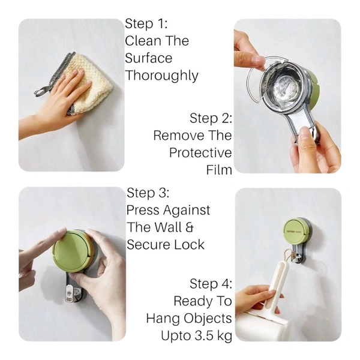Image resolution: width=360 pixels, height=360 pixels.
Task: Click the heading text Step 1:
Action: pyautogui.click(x=146, y=23)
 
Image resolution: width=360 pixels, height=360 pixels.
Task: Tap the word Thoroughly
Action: pyautogui.click(x=161, y=76)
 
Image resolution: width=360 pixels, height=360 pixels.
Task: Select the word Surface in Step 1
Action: pyautogui.click(x=149, y=58)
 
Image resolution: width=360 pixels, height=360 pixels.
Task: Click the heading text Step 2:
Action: pyautogui.click(x=211, y=118)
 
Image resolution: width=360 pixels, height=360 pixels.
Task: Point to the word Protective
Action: pyautogui.click(x=200, y=152)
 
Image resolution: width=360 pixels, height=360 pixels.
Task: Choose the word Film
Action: pyautogui.click(x=219, y=170)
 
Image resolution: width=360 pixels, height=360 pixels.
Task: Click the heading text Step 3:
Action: pyautogui.click(x=148, y=193)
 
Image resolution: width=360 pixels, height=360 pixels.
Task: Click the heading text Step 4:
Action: pyautogui.click(x=211, y=284)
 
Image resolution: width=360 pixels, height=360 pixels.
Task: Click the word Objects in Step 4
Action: pyautogui.click(x=208, y=319)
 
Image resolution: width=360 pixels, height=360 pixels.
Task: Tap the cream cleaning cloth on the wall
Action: pyautogui.click(x=91, y=85)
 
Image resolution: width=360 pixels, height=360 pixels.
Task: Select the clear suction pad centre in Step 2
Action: pyautogui.click(x=287, y=87)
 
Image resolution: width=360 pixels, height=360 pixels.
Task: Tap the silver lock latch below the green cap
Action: pyautogui.click(x=71, y=293)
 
